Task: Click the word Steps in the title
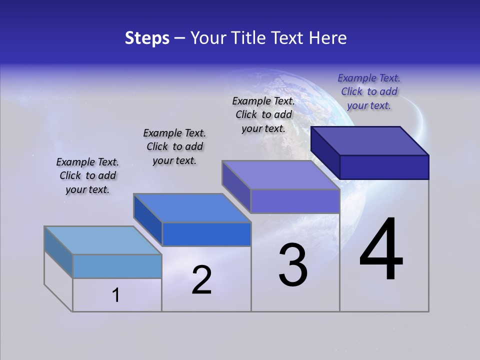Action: click(147, 38)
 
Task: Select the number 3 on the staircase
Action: click(293, 265)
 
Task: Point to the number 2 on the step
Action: click(201, 280)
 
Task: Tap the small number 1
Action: click(116, 295)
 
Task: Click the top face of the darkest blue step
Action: click(370, 140)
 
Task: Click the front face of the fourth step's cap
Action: click(384, 167)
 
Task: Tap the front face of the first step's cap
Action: click(117, 266)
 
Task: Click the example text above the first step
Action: click(87, 175)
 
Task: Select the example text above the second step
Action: click(174, 146)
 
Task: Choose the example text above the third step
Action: click(263, 114)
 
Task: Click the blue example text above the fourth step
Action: click(369, 91)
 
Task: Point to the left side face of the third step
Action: click(236, 187)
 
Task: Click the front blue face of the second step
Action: click(206, 234)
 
